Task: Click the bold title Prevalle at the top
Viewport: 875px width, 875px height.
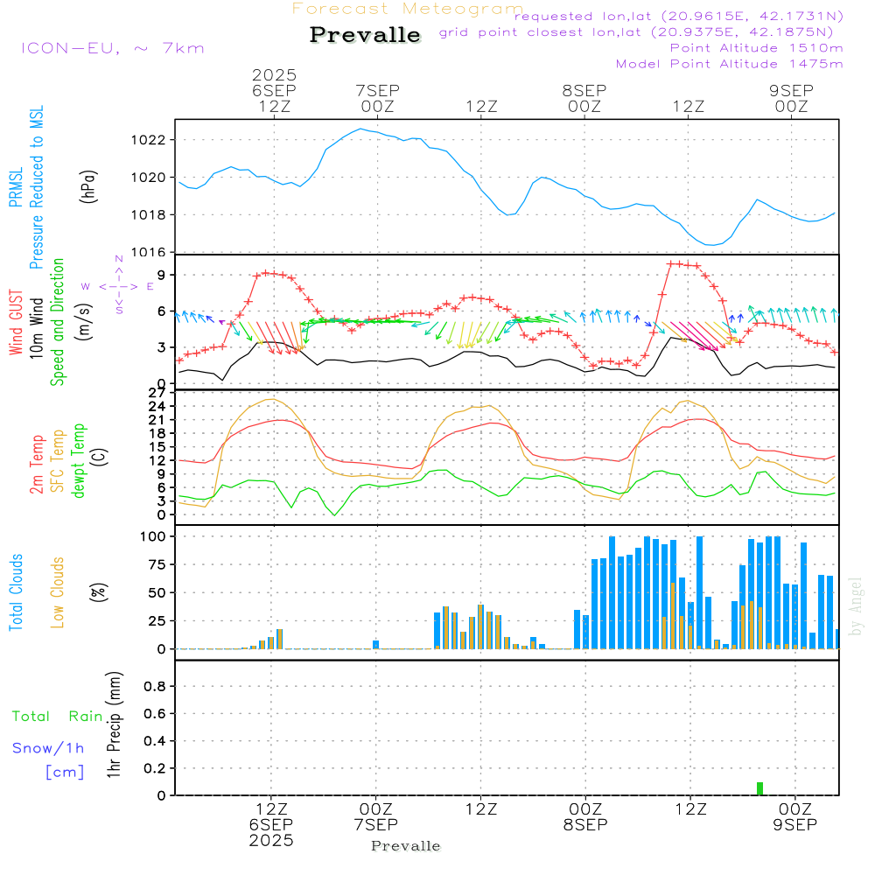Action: point(365,35)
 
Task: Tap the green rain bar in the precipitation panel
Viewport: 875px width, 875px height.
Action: point(759,787)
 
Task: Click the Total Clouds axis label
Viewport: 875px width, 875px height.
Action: point(16,592)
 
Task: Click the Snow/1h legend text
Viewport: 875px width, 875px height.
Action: point(49,748)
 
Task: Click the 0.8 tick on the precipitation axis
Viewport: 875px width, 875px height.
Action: point(155,687)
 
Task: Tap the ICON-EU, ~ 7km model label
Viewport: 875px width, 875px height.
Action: point(112,48)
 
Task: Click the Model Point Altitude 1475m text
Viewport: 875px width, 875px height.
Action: point(729,63)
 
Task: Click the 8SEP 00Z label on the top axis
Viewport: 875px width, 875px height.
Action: point(584,98)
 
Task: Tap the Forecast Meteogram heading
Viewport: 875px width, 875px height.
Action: point(408,9)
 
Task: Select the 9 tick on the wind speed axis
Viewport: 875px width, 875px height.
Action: point(161,275)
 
